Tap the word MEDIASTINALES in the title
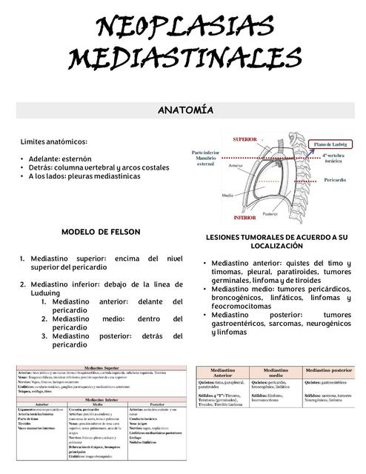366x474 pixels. click(x=183, y=57)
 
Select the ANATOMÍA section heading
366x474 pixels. click(x=184, y=111)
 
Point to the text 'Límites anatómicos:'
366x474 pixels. click(x=54, y=141)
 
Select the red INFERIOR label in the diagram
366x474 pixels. click(x=244, y=218)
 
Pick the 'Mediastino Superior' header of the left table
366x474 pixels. click(x=102, y=366)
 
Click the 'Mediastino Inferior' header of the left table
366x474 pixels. click(x=102, y=398)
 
